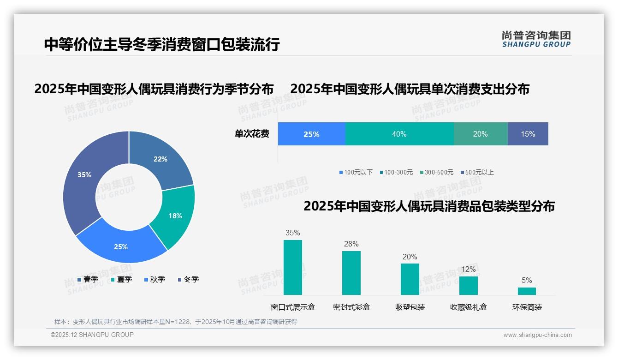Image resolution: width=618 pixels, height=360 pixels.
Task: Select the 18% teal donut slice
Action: tap(175, 216)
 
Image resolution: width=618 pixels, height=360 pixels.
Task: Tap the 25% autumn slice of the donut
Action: tap(121, 246)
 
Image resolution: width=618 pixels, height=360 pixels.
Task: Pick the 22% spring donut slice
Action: tap(160, 159)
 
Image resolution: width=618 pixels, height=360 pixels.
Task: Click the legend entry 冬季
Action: tap(188, 279)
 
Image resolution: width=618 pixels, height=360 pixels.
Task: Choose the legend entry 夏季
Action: tap(121, 279)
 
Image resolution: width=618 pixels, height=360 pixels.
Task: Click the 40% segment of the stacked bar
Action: tap(399, 134)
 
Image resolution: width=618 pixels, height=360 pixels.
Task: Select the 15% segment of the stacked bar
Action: tap(528, 134)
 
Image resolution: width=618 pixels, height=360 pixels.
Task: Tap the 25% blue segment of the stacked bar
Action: tap(311, 134)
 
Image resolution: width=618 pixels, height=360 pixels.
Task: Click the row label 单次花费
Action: tap(252, 134)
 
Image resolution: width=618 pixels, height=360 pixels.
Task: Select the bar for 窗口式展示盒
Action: tap(292, 267)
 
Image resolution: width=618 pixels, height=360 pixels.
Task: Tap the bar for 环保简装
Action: tap(527, 291)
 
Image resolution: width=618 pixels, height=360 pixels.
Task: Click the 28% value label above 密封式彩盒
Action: tap(351, 244)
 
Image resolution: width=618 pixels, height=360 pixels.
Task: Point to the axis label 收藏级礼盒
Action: tap(468, 307)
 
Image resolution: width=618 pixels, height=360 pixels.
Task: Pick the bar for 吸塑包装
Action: tap(410, 279)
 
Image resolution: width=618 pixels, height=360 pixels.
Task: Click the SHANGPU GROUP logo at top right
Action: tap(536, 39)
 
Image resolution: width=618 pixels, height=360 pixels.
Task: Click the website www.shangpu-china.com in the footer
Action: tap(537, 335)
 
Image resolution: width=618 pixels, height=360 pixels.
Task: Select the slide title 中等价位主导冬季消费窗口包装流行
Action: tap(162, 44)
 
